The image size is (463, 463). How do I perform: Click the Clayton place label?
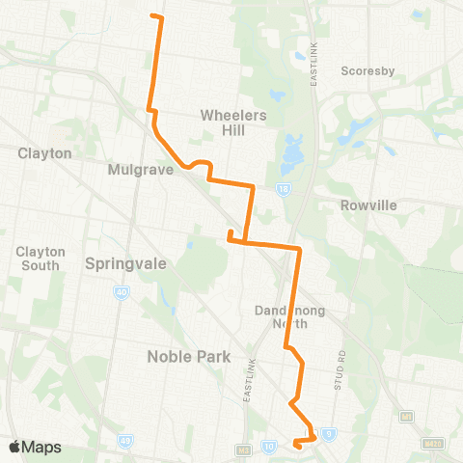point(44,152)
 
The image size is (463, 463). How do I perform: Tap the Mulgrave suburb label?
point(140,169)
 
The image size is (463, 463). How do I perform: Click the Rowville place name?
point(368,205)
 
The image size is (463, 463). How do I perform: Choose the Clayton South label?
point(40,258)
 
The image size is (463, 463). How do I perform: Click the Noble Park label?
point(188,356)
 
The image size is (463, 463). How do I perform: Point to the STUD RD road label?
point(343,364)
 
